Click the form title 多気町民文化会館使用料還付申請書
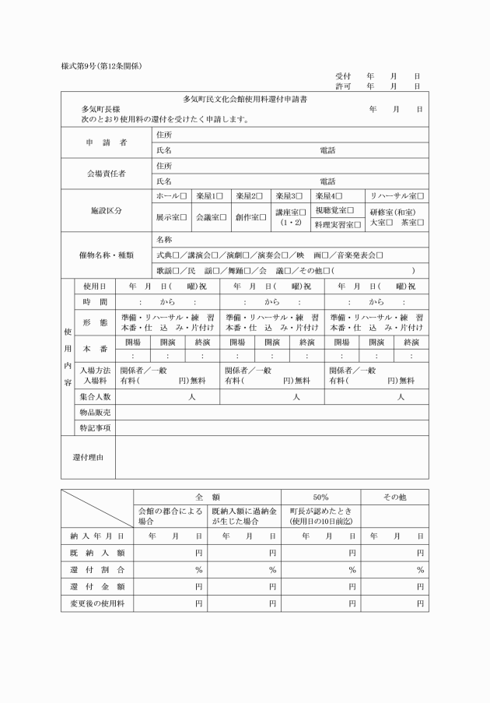coord(244,100)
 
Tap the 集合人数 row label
coord(94,397)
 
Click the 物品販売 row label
coord(94,413)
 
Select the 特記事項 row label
coord(94,428)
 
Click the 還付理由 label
coord(88,456)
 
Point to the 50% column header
coord(320,497)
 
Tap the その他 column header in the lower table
coord(396,497)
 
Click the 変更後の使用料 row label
coord(96,603)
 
